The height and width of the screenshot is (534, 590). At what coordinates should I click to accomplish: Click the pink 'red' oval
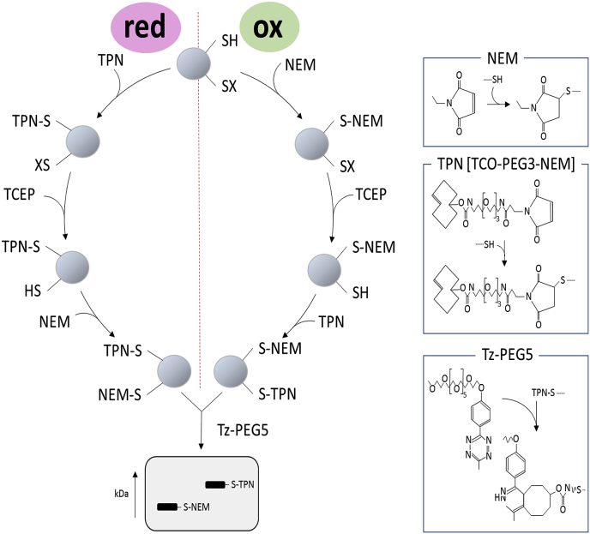(x=144, y=28)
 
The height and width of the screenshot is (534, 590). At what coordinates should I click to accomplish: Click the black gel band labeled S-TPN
(x=215, y=485)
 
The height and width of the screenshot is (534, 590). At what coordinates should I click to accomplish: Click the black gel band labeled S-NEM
(x=168, y=507)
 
